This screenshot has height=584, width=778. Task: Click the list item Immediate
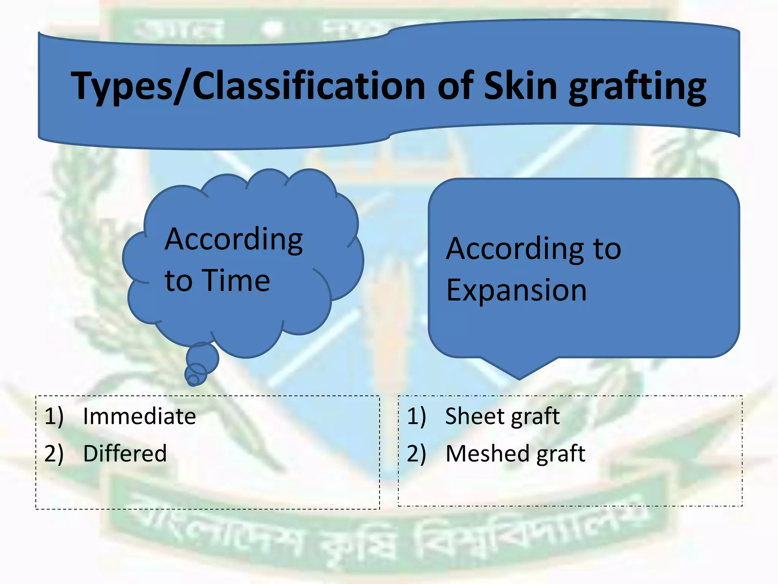click(139, 416)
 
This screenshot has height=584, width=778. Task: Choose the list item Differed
click(125, 453)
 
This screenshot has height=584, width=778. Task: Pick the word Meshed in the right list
click(482, 453)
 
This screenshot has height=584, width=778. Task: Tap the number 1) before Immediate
click(54, 416)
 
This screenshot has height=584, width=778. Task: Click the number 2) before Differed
click(54, 453)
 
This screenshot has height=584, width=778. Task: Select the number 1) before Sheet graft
click(416, 416)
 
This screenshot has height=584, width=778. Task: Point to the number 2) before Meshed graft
click(416, 453)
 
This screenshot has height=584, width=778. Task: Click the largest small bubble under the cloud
click(202, 357)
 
